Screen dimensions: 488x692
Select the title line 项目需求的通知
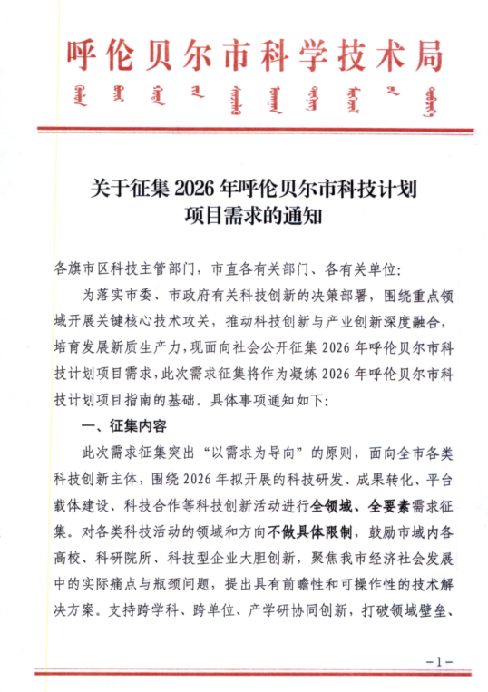244,218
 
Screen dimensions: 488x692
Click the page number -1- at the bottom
438,660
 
